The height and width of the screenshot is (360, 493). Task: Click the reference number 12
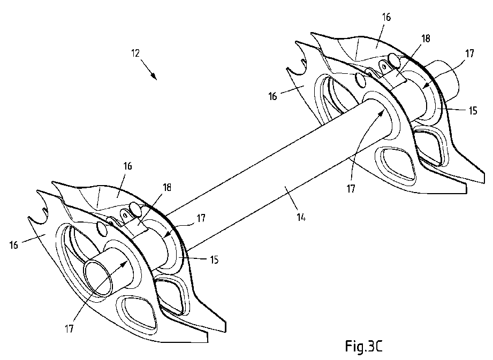tap(135, 53)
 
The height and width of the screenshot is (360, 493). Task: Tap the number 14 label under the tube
tap(301, 217)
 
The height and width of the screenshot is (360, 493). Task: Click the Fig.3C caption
tap(364, 346)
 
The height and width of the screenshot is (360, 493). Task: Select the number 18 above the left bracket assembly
tap(167, 188)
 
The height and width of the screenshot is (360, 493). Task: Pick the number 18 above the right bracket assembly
tap(426, 39)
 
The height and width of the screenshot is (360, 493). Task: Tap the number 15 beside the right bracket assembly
tap(473, 111)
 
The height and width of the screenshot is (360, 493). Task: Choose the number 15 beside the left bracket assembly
tap(214, 260)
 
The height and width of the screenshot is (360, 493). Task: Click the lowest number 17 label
tap(69, 329)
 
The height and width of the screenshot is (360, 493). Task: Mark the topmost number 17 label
tap(469, 53)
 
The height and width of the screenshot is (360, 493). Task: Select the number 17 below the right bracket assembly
tap(351, 188)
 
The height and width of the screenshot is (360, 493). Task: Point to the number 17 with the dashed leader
tap(201, 218)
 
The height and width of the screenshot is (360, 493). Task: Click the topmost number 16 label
tap(386, 17)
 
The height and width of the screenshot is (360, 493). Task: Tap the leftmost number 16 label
tap(13, 244)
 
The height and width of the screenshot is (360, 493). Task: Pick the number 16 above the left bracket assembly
tap(127, 166)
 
